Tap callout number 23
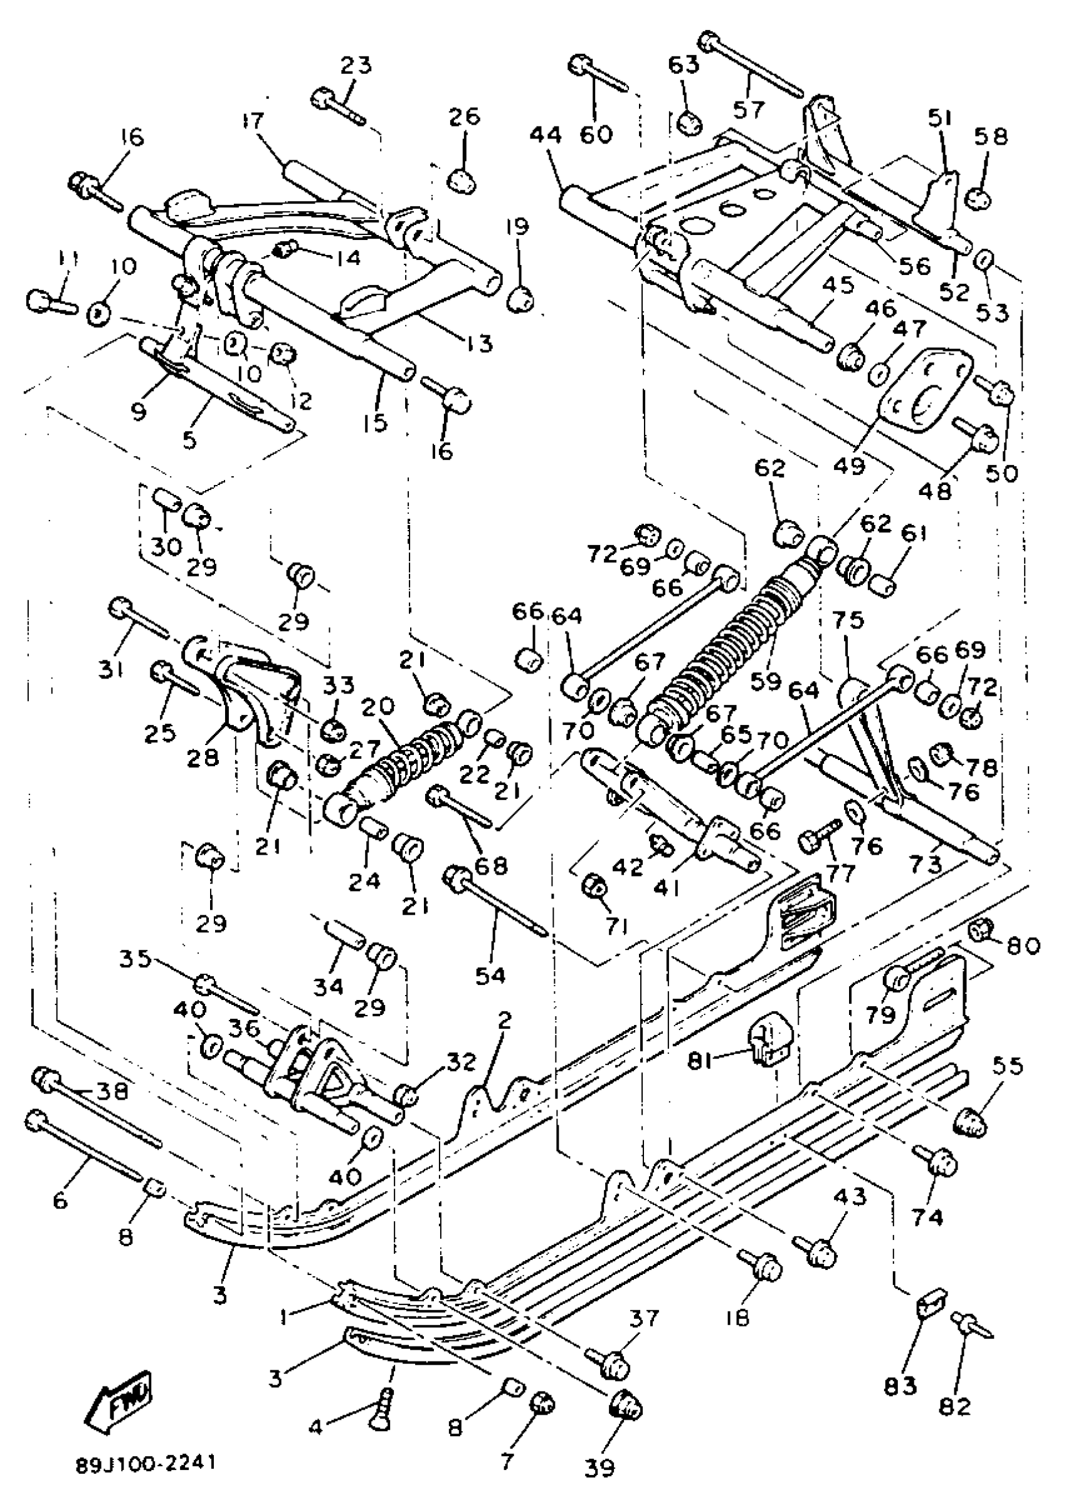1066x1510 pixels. click(x=356, y=65)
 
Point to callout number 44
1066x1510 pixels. click(x=546, y=135)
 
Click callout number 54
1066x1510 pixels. click(x=490, y=975)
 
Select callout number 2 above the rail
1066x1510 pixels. click(x=504, y=1020)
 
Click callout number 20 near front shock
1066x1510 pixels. click(x=377, y=707)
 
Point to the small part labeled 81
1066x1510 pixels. click(x=769, y=1044)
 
